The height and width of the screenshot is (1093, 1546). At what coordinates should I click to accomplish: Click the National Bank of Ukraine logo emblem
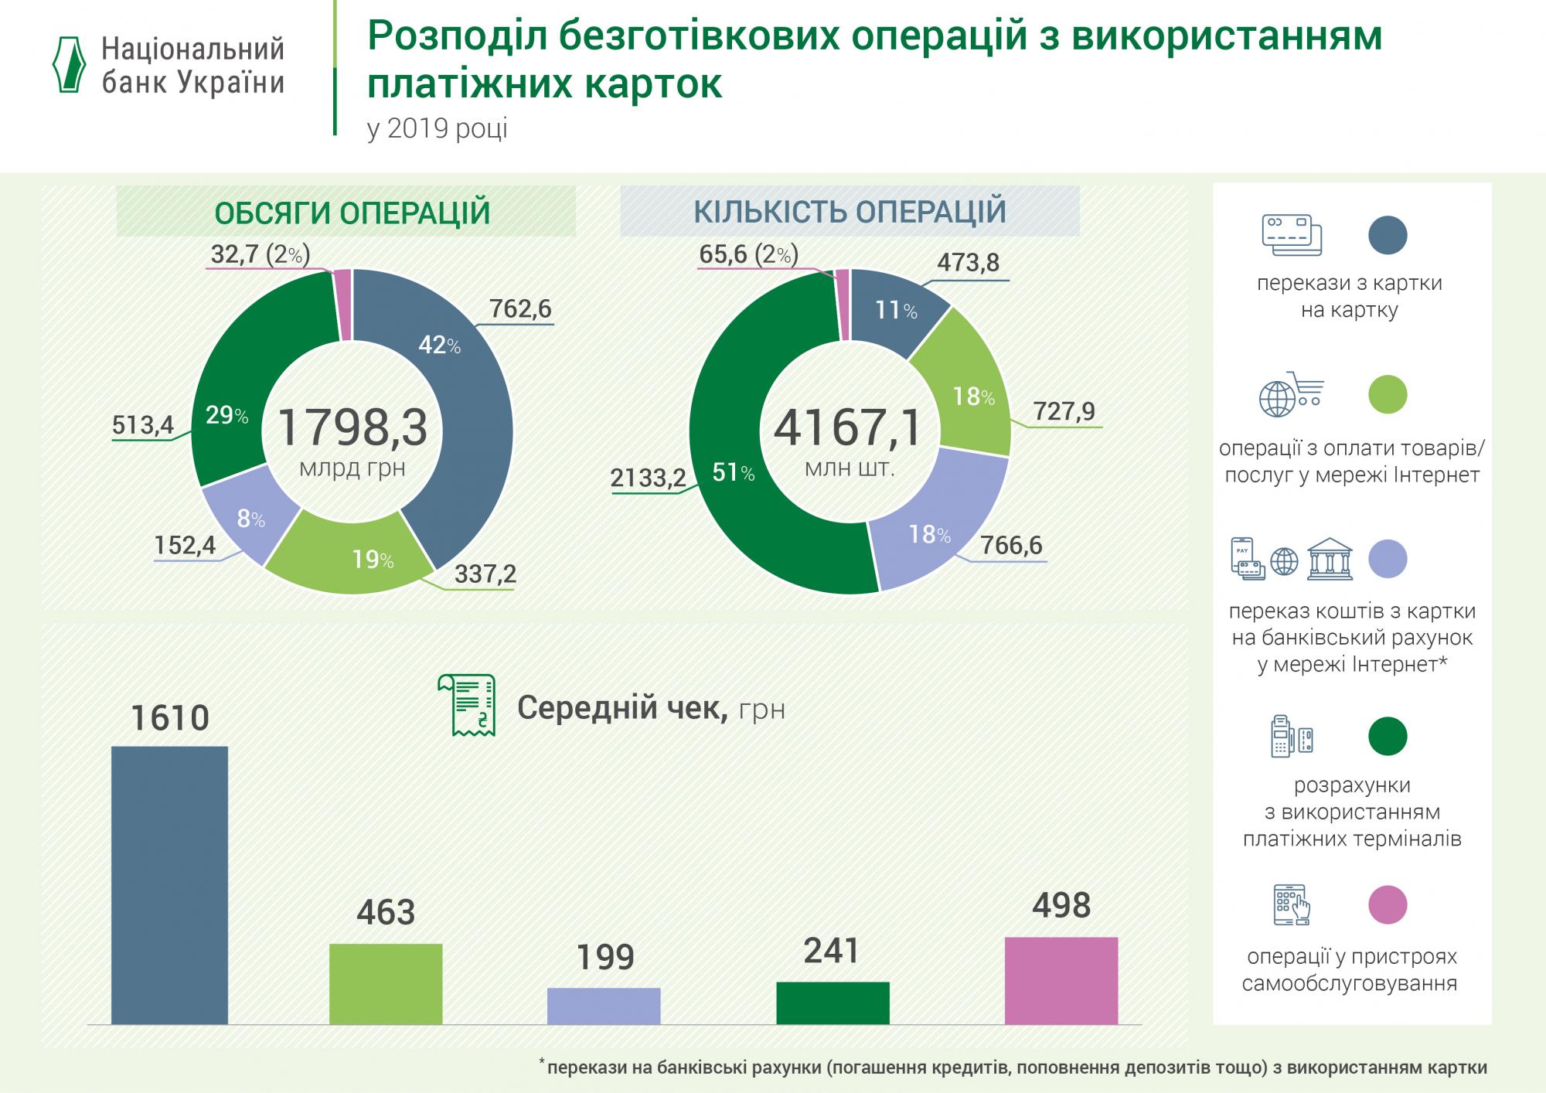click(x=68, y=65)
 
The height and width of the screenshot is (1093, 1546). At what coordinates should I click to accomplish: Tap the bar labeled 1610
click(x=169, y=884)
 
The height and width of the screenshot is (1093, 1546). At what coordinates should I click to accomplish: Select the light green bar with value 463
click(x=386, y=983)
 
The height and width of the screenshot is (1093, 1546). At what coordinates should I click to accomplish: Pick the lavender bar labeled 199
click(x=604, y=1006)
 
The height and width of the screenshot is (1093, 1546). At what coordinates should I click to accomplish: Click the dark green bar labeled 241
click(x=833, y=1003)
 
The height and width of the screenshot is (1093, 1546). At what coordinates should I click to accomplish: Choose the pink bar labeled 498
click(x=1061, y=980)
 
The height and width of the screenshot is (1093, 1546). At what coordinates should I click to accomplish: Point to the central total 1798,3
click(x=352, y=427)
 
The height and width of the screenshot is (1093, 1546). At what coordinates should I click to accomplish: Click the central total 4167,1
click(x=848, y=427)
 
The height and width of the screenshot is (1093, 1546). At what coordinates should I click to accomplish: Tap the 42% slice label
click(x=439, y=346)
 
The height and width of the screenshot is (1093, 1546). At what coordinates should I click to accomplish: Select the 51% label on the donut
click(x=733, y=472)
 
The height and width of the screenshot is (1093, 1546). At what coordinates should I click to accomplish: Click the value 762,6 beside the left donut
click(x=520, y=309)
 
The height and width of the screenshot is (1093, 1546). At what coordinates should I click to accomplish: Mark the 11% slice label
click(x=896, y=311)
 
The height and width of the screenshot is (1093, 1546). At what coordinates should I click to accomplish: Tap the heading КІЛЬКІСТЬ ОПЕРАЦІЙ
click(x=850, y=212)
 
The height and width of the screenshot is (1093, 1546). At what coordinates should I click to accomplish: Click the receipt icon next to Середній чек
click(x=467, y=704)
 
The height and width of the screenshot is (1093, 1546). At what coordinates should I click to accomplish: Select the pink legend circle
click(x=1388, y=904)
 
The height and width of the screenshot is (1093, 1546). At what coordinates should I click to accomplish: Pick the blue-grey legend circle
click(x=1388, y=235)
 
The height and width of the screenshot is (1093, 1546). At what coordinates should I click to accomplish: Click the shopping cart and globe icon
click(x=1290, y=394)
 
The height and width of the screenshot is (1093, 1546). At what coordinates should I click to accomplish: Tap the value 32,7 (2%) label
click(x=260, y=254)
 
